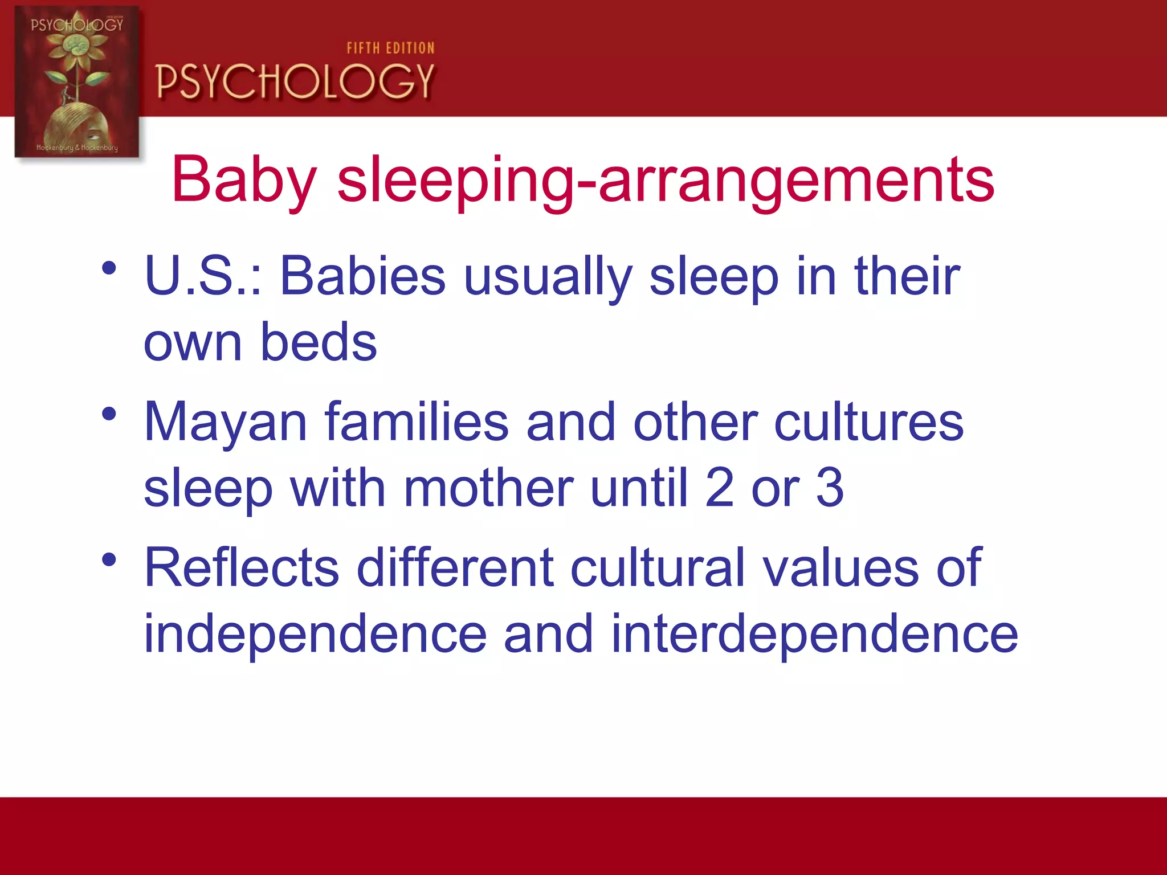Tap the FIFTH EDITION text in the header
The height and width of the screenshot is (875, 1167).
(x=390, y=48)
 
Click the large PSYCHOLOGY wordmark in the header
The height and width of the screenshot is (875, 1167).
(x=295, y=81)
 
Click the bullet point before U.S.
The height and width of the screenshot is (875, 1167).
(x=109, y=268)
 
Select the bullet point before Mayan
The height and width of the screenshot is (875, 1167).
(x=109, y=414)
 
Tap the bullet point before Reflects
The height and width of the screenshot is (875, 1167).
(x=109, y=559)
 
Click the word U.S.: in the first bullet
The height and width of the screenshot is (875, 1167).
(x=203, y=277)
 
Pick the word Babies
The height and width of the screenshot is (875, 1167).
(x=362, y=277)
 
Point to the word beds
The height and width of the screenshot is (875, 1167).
(x=319, y=342)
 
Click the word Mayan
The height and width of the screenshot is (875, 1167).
(x=226, y=423)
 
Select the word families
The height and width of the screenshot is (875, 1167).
(x=417, y=423)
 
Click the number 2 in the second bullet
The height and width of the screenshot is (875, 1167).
(x=720, y=488)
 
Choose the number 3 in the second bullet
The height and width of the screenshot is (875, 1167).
(x=830, y=488)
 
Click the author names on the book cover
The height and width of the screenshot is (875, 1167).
(x=77, y=148)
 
